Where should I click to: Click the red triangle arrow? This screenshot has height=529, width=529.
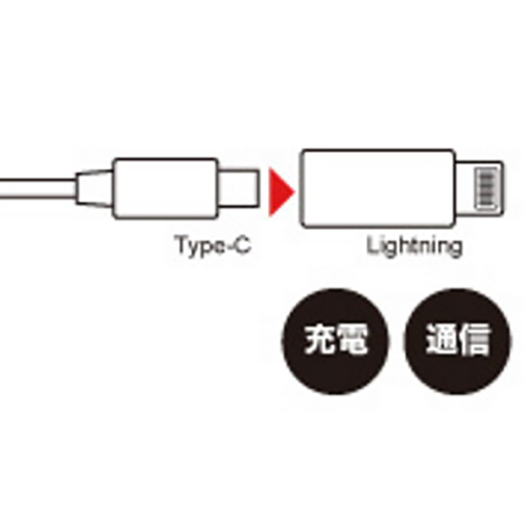coord(280,192)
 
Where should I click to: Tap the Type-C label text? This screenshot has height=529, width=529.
coord(213,245)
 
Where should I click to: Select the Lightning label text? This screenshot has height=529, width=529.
coord(415,246)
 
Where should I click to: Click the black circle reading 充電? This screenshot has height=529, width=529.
coord(335,341)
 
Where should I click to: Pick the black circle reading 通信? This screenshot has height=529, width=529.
coord(458,341)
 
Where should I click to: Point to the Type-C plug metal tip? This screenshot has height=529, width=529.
coord(239,188)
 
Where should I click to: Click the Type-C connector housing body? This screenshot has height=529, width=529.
coord(165,188)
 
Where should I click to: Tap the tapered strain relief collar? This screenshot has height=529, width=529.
coord(94,188)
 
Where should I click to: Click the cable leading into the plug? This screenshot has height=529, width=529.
coord(38,188)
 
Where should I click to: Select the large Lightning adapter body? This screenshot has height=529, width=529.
coord(378,188)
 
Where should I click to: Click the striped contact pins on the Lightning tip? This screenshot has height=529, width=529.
coord(487,188)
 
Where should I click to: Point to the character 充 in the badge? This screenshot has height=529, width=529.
coord(319,340)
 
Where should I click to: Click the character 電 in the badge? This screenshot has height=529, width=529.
coord(352,340)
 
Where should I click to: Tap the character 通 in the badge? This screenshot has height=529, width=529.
coord(442,340)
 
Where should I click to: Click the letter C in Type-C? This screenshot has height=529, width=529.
coord(242,244)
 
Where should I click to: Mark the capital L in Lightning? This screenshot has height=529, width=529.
coord(372,244)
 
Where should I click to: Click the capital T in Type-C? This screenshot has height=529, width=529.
coord(181,244)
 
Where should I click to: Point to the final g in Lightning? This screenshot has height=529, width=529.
coord(456,249)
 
